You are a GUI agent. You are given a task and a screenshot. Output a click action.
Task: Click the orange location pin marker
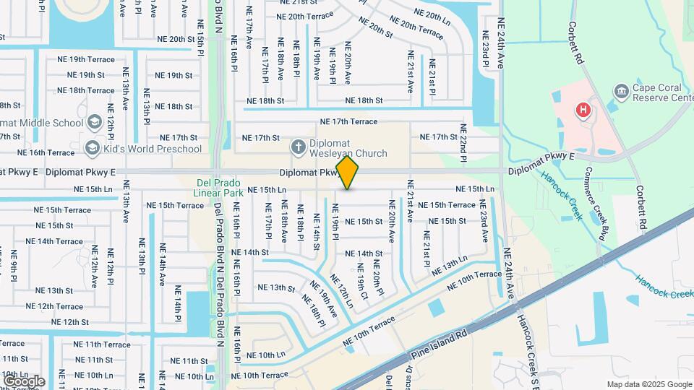(348, 173)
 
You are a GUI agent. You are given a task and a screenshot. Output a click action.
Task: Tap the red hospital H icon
(583, 110)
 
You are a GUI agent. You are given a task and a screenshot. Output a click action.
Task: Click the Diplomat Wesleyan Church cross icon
(296, 148)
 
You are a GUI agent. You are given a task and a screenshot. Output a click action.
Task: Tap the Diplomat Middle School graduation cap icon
(93, 122)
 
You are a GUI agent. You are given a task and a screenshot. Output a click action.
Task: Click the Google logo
(24, 381)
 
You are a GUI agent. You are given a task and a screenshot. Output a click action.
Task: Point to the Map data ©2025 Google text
(648, 384)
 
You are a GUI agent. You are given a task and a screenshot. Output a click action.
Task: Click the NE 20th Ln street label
(432, 14)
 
